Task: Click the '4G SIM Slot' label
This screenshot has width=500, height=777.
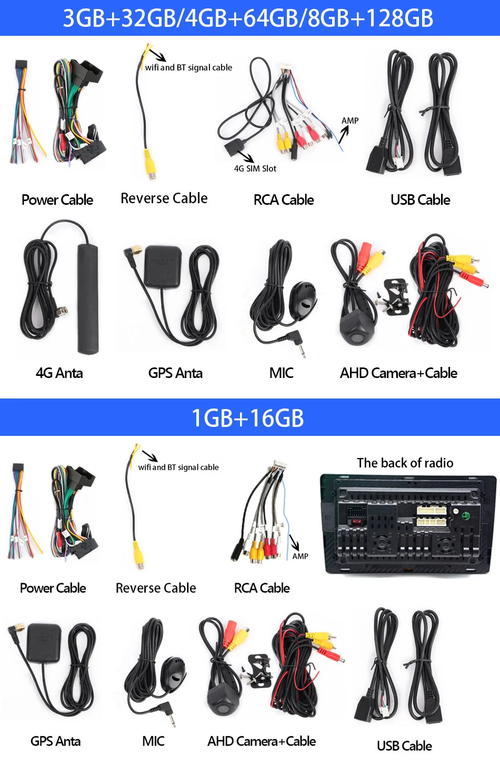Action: (255, 168)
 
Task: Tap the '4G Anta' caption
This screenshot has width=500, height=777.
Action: (59, 373)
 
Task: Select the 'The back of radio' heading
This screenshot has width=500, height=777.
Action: (405, 463)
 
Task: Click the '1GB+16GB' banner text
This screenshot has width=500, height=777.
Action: (248, 418)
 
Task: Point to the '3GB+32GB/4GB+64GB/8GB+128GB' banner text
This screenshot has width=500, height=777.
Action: (248, 18)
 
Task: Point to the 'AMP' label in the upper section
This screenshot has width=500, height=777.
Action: (350, 121)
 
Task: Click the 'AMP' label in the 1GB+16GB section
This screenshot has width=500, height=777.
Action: (300, 556)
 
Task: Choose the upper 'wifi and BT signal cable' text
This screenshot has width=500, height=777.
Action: (188, 67)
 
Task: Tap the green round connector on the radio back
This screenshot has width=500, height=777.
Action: (465, 515)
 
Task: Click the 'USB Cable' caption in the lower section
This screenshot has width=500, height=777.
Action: (404, 746)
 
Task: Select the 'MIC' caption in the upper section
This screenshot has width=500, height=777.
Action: (281, 373)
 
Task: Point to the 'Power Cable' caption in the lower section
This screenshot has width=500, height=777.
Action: (53, 588)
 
